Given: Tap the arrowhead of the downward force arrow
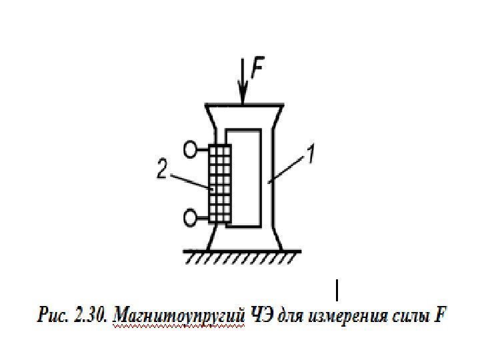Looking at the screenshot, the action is click(243, 99).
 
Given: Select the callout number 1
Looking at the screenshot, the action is click(310, 157).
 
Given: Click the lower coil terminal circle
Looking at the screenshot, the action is click(192, 217).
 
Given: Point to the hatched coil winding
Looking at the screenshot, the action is click(219, 184).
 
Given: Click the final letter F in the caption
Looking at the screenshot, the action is click(438, 314).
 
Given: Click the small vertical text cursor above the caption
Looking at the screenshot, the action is click(337, 291).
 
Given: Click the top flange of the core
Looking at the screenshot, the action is click(243, 107).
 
